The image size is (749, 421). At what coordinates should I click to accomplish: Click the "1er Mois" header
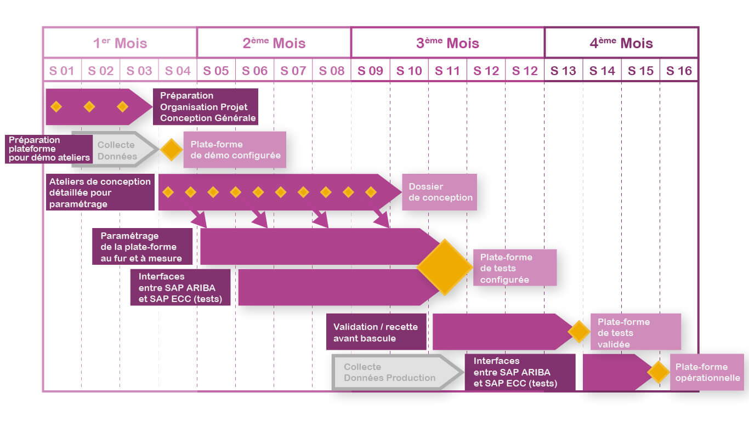tap(120, 43)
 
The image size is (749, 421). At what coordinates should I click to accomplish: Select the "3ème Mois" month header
tap(447, 43)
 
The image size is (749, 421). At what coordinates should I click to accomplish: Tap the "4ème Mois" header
tap(621, 43)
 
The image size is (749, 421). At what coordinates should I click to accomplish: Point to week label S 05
tap(216, 71)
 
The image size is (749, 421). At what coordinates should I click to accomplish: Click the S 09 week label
tap(371, 71)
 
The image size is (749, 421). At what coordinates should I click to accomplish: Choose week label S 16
tap(679, 71)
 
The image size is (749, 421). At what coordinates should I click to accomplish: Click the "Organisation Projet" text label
tap(204, 107)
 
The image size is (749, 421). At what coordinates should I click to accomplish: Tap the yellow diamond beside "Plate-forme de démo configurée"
tap(171, 150)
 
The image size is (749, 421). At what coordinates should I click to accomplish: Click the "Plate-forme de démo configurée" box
tap(235, 150)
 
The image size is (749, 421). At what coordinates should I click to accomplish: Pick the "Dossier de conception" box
tap(439, 192)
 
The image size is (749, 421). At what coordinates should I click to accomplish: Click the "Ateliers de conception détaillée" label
tap(100, 192)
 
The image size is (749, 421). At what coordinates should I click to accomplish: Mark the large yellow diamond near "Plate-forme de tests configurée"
tap(445, 267)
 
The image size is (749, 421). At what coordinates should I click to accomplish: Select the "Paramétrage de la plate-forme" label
tap(142, 247)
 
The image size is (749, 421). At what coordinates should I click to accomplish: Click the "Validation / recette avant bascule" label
tap(376, 332)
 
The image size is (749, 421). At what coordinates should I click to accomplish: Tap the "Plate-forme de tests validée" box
tap(635, 332)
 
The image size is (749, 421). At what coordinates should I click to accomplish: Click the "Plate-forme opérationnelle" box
tap(707, 372)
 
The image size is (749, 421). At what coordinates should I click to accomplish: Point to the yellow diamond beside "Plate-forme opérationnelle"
tap(657, 372)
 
